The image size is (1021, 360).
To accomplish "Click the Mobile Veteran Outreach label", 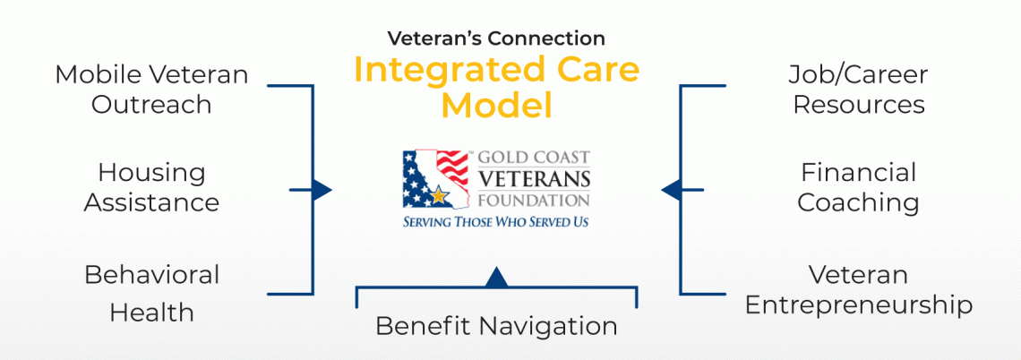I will (151, 89).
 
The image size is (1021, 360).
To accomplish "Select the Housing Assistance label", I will (151, 186).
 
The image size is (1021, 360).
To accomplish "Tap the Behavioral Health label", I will (151, 293).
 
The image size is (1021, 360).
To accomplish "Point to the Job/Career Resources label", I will (858, 89).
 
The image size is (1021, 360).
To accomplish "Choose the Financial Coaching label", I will (858, 186).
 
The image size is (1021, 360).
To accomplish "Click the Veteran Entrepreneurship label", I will (858, 288).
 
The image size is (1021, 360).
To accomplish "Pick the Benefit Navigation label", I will (496, 326).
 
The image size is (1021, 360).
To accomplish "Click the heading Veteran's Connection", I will (496, 39).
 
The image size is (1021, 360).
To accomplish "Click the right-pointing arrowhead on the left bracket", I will (323, 190).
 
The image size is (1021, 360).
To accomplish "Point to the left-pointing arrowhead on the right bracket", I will (669, 190).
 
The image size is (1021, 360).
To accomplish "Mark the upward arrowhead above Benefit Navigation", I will (496, 277).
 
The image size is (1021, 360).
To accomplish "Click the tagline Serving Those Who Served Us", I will (495, 220).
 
